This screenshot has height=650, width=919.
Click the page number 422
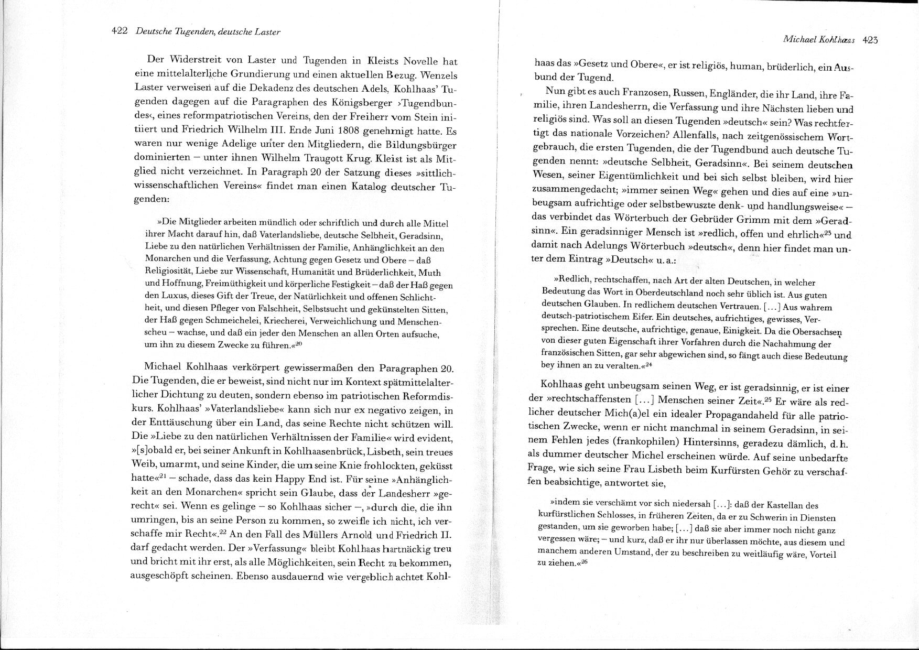tap(120, 31)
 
